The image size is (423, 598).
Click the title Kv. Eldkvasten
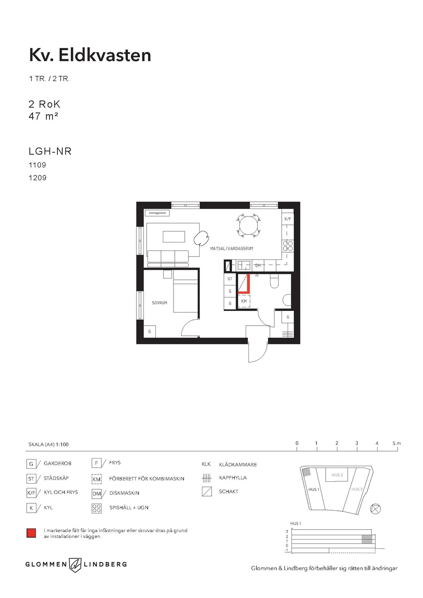tap(90, 55)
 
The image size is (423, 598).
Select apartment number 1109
tap(37, 165)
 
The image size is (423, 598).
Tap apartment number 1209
tap(37, 178)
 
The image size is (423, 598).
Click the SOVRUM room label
tap(159, 303)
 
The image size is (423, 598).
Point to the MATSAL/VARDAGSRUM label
tap(232, 248)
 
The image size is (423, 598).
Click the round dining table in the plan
tap(249, 226)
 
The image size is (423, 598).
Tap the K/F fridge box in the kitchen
tap(288, 219)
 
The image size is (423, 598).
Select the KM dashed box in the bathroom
tap(244, 301)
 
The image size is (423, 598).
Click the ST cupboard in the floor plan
tap(230, 279)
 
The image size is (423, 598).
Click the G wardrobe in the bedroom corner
tap(149, 332)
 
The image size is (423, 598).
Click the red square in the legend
tap(31, 533)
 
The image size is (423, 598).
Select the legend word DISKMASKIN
tap(124, 493)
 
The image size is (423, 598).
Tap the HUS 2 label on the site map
tap(337, 475)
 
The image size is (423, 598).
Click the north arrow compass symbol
tap(375, 508)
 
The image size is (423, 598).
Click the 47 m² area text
tap(43, 116)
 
